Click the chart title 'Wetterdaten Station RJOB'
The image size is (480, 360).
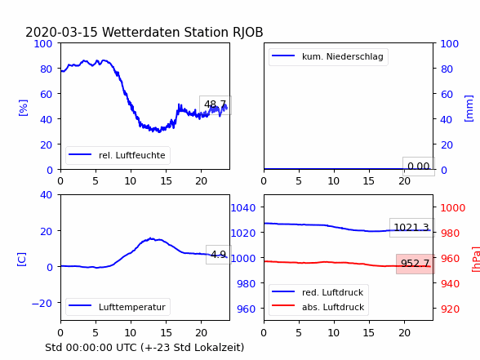pos(183,33)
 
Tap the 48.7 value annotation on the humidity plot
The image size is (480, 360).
pos(216,105)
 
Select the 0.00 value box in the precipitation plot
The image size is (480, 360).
pos(419,167)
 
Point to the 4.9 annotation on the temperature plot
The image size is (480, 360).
pos(218,255)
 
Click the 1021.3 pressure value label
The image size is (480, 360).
pos(411,228)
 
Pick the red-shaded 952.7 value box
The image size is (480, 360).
pos(415,264)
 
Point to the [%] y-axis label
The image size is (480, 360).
pos(23,108)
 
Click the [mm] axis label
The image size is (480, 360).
pos(469,108)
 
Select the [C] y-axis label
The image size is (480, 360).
pos(22,259)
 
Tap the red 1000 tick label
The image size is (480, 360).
pos(453,208)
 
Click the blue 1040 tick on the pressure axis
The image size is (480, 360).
pos(243,208)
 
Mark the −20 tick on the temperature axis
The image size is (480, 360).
pos(42,303)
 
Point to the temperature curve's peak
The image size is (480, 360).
pos(150,238)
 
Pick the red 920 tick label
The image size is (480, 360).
pos(450,309)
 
